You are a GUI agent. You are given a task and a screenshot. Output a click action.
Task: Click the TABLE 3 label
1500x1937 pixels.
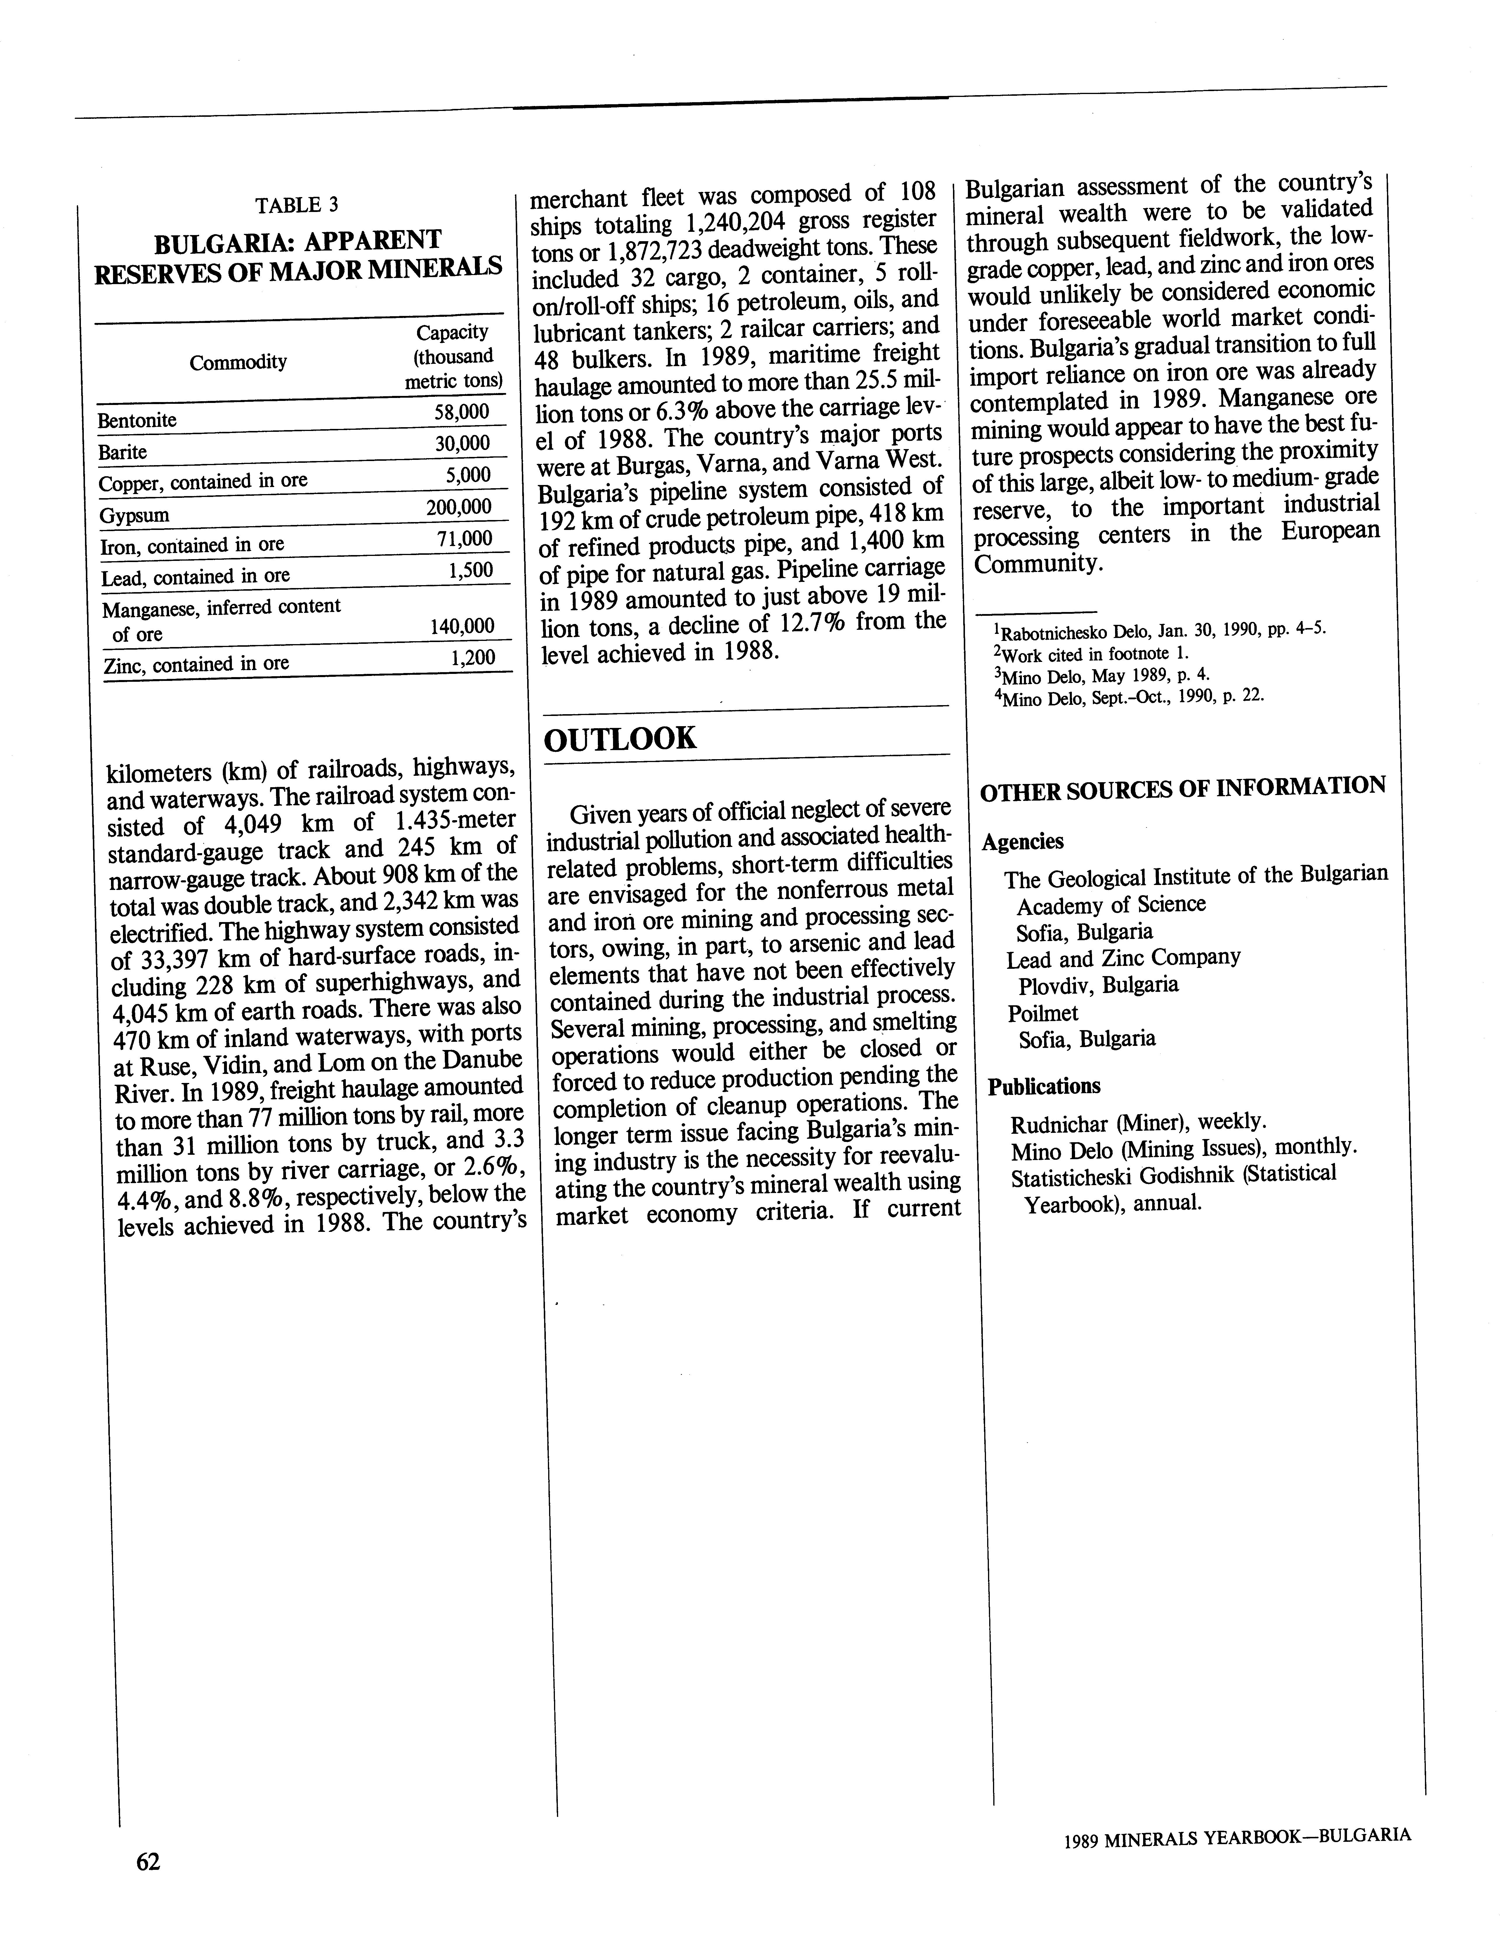pos(297,205)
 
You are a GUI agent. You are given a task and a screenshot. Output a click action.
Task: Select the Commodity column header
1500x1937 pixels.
pos(238,362)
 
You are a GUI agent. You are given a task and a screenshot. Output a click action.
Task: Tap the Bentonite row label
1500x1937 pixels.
pos(138,420)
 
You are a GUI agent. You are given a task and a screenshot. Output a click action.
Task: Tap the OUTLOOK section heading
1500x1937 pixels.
pos(620,738)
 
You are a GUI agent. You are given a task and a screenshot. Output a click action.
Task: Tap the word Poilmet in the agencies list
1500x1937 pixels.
pos(1042,1013)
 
